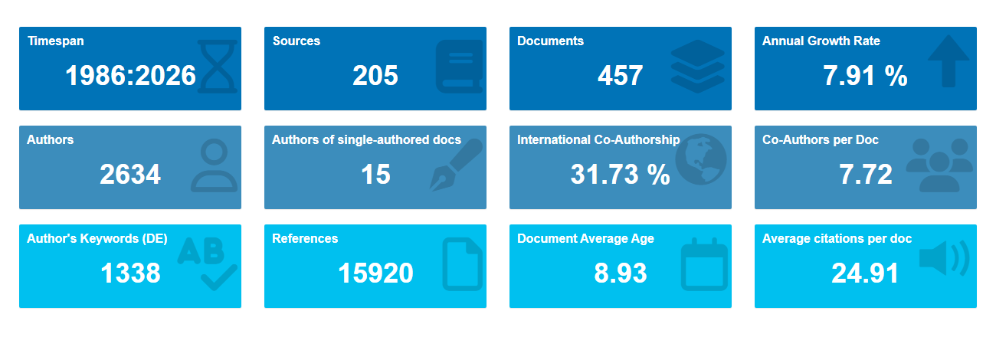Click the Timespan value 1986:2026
pos(130,76)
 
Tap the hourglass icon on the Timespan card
pos(217,66)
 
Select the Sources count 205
pos(375,76)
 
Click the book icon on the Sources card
pos(460,66)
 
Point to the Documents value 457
pos(621,76)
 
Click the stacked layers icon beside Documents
pos(698,66)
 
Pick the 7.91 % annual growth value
pos(865,76)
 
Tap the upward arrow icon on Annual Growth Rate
pos(948,61)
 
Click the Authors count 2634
pos(130,174)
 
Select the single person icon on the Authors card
pos(214,165)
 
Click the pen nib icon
pos(456,165)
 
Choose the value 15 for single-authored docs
pos(375,174)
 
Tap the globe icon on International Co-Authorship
pos(701,159)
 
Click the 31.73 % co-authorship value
pos(621,174)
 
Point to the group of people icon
pos(939,165)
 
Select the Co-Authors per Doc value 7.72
pos(865,174)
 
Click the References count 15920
pos(375,273)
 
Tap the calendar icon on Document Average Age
pos(704,264)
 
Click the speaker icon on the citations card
pos(945,258)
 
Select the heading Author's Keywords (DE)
pos(97,239)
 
